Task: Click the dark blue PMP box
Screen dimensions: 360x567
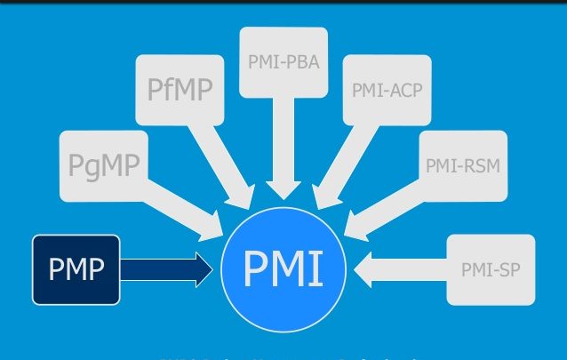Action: [x=76, y=268]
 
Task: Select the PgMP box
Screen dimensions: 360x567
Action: [x=104, y=164]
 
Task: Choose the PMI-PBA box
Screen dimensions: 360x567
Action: [x=283, y=62]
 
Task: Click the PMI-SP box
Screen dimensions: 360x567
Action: [x=491, y=268]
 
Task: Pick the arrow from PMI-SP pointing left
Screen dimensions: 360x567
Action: [x=400, y=268]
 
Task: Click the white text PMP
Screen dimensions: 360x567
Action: [x=76, y=268]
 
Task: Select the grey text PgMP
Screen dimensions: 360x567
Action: [x=104, y=164]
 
